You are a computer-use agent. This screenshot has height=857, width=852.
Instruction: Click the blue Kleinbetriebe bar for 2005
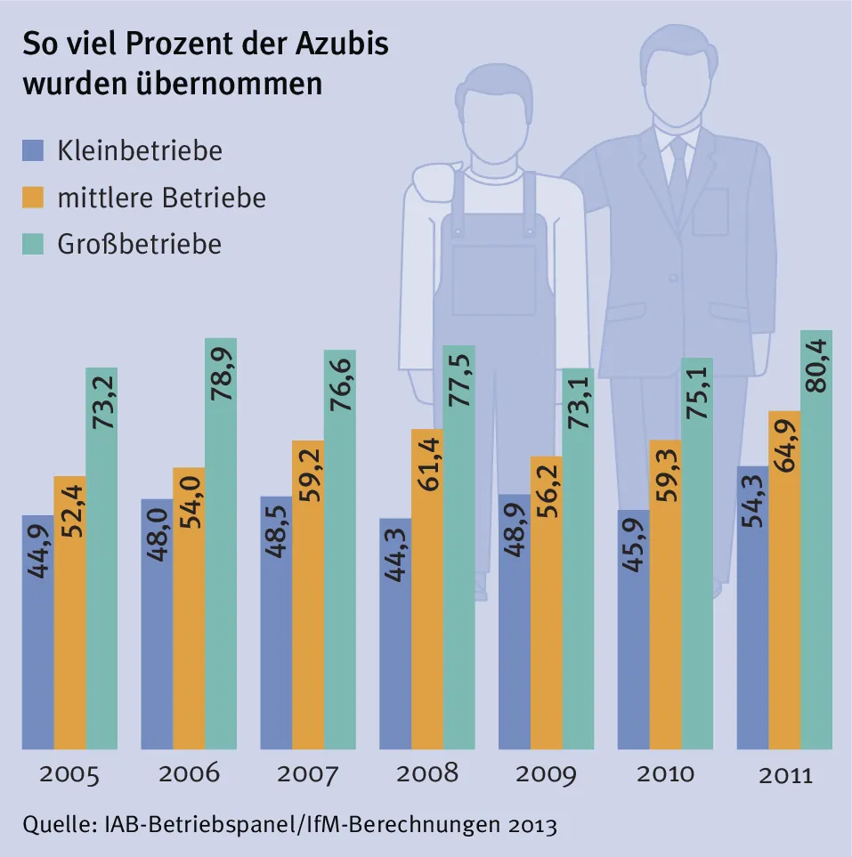(37, 632)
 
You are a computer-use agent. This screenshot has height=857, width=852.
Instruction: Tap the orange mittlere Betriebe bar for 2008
(426, 588)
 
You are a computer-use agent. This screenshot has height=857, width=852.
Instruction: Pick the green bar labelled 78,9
(220, 543)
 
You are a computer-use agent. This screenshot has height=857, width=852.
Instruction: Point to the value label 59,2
(307, 482)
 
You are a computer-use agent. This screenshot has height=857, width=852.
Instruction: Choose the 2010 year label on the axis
(665, 772)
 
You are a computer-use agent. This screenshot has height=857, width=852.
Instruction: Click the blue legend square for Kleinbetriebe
(34, 150)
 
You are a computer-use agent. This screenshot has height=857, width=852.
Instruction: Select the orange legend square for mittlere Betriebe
(34, 197)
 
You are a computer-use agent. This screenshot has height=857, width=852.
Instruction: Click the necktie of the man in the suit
(678, 174)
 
